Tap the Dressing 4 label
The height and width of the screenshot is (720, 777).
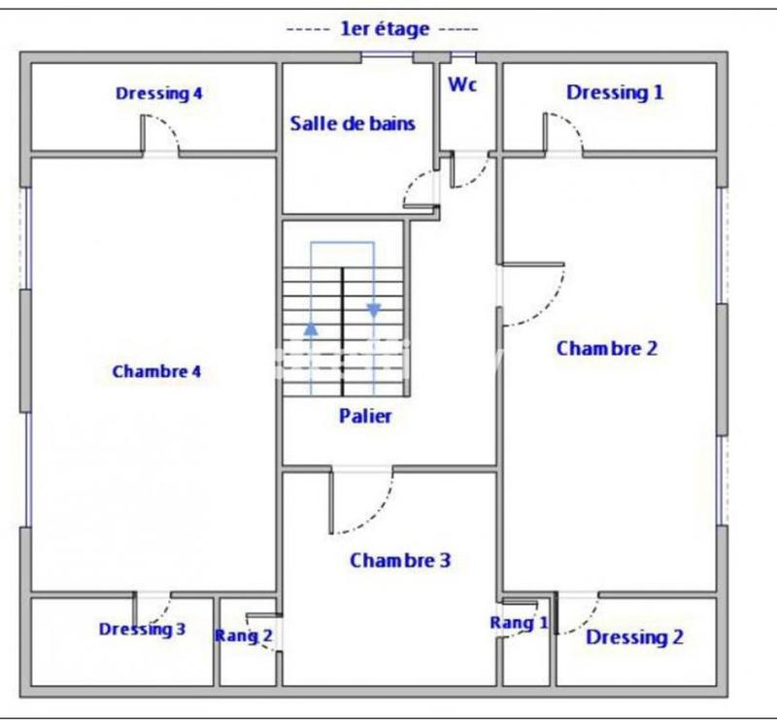[158, 94]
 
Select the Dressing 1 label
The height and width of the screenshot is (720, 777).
[615, 93]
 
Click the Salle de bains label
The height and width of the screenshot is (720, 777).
[353, 123]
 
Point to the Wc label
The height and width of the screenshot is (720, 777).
[462, 85]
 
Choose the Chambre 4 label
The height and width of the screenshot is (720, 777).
[156, 371]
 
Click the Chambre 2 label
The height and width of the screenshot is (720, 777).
[606, 348]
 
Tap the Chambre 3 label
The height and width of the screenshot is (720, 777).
[400, 561]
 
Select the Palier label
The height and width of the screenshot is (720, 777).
[365, 416]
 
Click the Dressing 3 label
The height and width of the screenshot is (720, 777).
[142, 630]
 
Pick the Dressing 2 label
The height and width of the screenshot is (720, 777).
[634, 637]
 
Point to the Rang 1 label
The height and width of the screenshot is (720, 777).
[519, 623]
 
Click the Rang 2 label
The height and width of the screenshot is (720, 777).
[243, 636]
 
